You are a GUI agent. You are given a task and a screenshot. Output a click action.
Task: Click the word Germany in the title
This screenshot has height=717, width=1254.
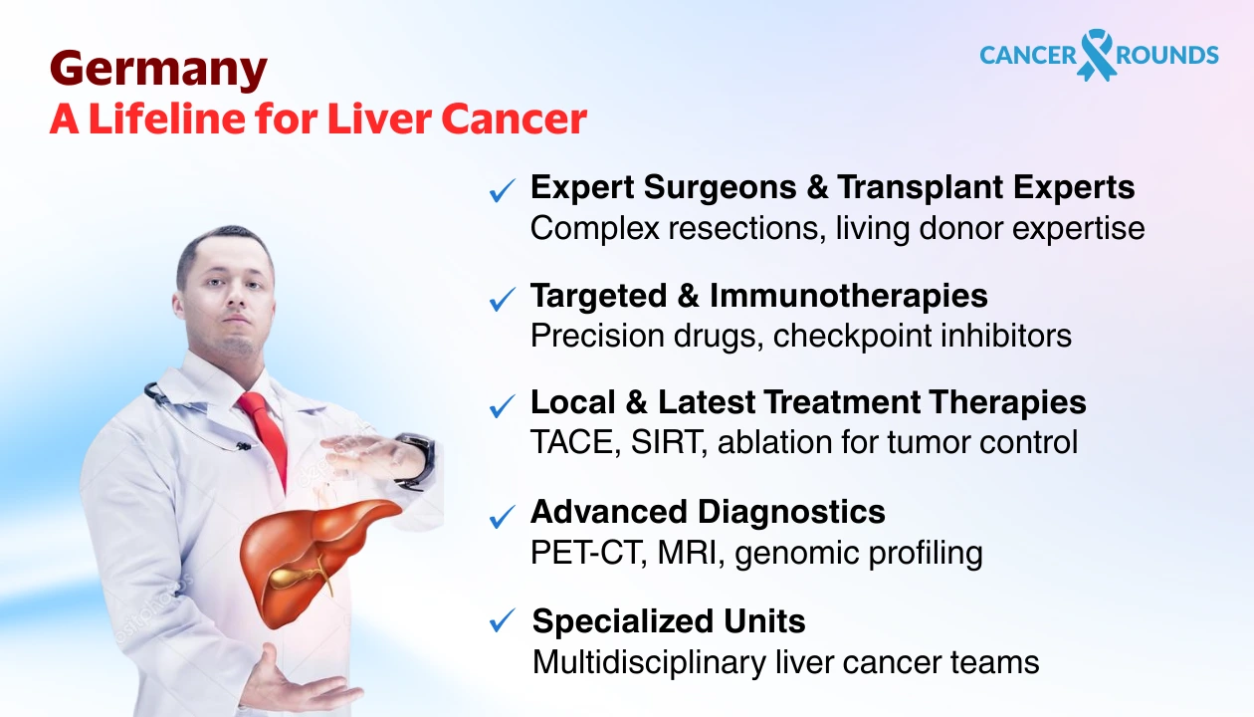(158, 71)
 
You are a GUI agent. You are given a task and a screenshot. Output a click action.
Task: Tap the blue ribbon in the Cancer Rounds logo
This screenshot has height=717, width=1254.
(1097, 54)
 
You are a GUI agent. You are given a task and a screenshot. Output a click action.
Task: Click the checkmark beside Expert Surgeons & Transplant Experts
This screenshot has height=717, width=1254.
(503, 190)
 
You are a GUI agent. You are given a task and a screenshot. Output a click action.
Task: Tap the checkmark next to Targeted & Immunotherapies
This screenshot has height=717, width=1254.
(503, 298)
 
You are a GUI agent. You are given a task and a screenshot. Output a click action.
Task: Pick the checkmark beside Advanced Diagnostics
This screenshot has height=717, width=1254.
(503, 515)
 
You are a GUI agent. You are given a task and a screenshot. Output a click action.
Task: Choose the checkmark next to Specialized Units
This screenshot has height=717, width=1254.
(503, 622)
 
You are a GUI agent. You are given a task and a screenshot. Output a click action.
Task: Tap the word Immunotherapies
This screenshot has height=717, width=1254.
(849, 296)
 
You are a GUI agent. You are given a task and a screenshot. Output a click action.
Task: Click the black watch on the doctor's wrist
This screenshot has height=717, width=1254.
(416, 460)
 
